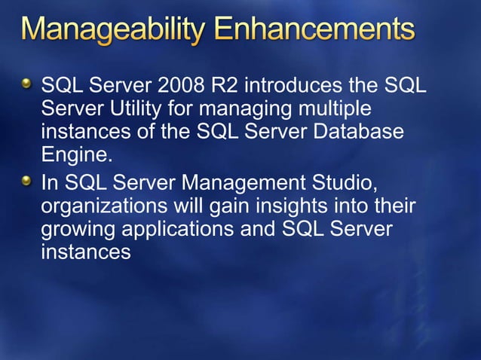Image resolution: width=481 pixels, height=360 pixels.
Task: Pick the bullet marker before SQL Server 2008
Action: tap(27, 82)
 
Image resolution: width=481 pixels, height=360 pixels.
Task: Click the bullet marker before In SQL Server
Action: tap(27, 178)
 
